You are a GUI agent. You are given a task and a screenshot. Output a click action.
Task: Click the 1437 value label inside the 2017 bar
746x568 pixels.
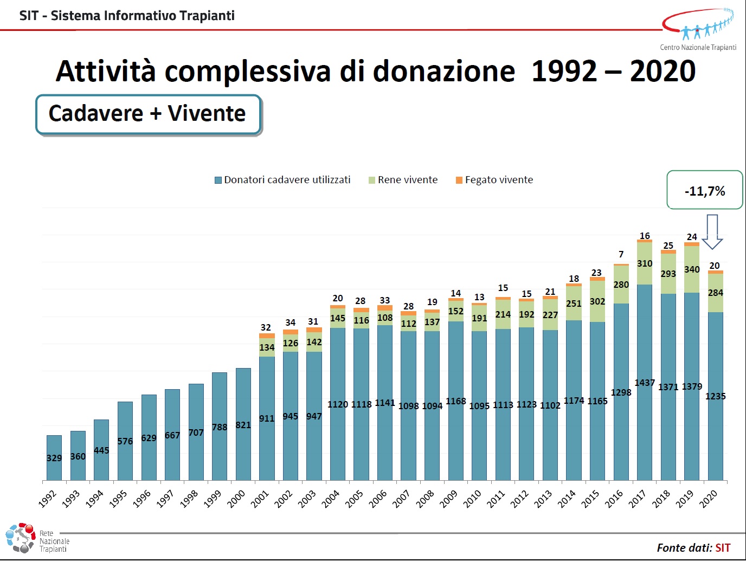point(645,383)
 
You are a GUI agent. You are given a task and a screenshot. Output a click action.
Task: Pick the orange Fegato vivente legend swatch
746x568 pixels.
point(459,180)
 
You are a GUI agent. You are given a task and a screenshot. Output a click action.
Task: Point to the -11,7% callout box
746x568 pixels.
point(704,190)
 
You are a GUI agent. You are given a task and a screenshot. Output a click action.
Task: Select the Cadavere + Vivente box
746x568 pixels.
point(148,114)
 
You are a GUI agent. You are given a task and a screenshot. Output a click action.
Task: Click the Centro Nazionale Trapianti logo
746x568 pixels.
point(698,30)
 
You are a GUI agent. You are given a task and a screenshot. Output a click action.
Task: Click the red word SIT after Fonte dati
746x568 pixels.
point(723,548)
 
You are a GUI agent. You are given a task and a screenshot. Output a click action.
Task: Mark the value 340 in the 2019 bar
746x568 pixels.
point(692,269)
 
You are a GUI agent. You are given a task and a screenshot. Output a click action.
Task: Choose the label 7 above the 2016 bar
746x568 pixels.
point(621,254)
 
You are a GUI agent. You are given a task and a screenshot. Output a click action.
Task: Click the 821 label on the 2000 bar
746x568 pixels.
point(243,425)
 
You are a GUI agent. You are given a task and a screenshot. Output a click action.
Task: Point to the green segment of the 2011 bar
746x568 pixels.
point(503,314)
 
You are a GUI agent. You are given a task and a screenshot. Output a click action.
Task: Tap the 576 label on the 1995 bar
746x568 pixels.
point(125,441)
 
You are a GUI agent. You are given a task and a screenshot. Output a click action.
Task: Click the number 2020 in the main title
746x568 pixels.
point(663,72)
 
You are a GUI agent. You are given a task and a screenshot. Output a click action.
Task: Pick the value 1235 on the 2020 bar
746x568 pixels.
point(716,396)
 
